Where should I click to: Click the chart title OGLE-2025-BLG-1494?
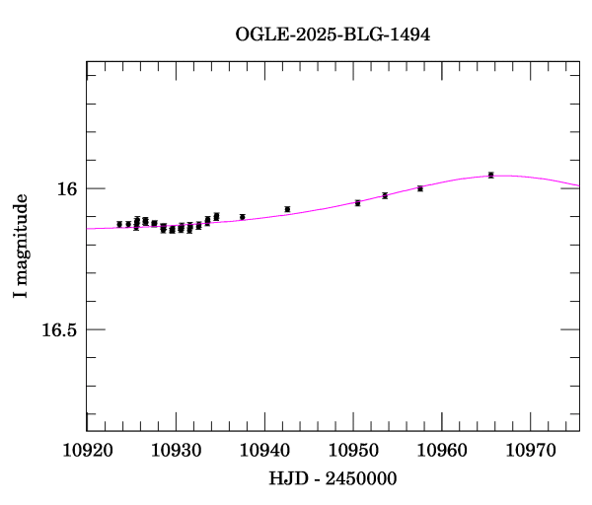coord(333,34)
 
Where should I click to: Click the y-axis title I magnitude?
coord(21,247)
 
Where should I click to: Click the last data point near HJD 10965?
coord(490,175)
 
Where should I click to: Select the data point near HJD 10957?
coord(420,188)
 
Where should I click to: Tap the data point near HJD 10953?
coord(385,195)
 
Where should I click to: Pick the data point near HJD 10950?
coord(357,202)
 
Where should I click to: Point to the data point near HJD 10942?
coord(287,209)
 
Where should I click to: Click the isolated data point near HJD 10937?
coord(242,217)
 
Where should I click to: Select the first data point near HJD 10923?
coord(119,224)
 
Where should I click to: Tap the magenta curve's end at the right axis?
coord(579,185)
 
